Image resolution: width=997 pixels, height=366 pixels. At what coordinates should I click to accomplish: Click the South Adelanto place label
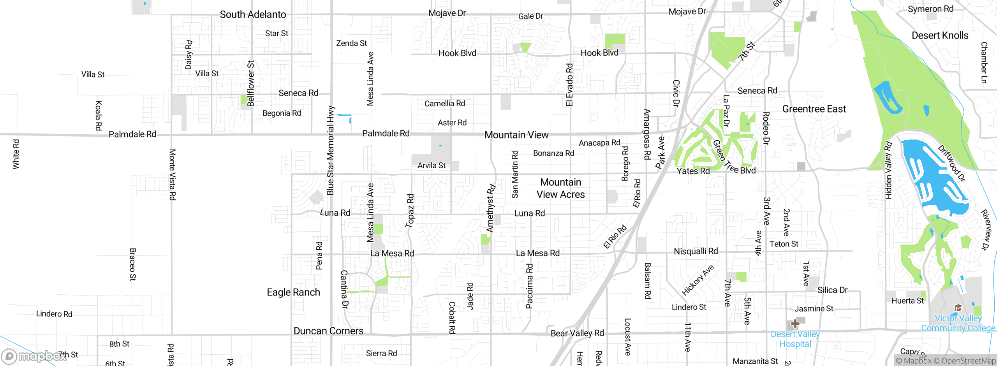[x=253, y=14]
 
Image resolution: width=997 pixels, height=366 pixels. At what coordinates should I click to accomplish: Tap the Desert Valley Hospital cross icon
[x=795, y=324]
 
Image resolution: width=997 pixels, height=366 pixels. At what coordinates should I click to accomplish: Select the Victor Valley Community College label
[x=958, y=323]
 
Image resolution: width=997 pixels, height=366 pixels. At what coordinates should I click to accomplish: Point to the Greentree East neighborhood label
[x=814, y=109]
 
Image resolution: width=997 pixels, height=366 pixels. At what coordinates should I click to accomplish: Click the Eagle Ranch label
[x=293, y=292]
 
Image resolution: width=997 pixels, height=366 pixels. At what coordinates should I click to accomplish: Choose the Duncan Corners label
[x=328, y=331]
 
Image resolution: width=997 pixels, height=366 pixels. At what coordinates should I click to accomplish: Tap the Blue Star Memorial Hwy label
[x=331, y=150]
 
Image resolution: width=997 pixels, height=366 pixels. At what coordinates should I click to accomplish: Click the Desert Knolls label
[x=940, y=35]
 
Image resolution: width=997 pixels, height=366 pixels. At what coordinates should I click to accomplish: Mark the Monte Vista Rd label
[x=172, y=174]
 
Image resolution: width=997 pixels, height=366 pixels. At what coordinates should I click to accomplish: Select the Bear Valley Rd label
[x=577, y=333]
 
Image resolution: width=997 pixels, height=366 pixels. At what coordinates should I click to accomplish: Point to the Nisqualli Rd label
[x=696, y=252]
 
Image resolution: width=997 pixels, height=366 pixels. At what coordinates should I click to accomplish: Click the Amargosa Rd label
[x=647, y=134]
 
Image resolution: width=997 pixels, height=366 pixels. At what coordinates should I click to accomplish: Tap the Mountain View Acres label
[x=560, y=188]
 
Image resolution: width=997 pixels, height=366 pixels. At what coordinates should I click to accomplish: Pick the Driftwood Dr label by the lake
[x=951, y=163]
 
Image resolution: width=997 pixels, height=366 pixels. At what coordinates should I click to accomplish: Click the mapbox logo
[x=33, y=356]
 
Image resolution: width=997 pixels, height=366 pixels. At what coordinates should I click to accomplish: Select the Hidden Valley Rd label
[x=888, y=170]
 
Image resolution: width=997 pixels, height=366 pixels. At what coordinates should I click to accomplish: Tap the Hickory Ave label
[x=698, y=280]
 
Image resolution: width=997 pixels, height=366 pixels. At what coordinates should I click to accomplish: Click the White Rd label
[x=16, y=154]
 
